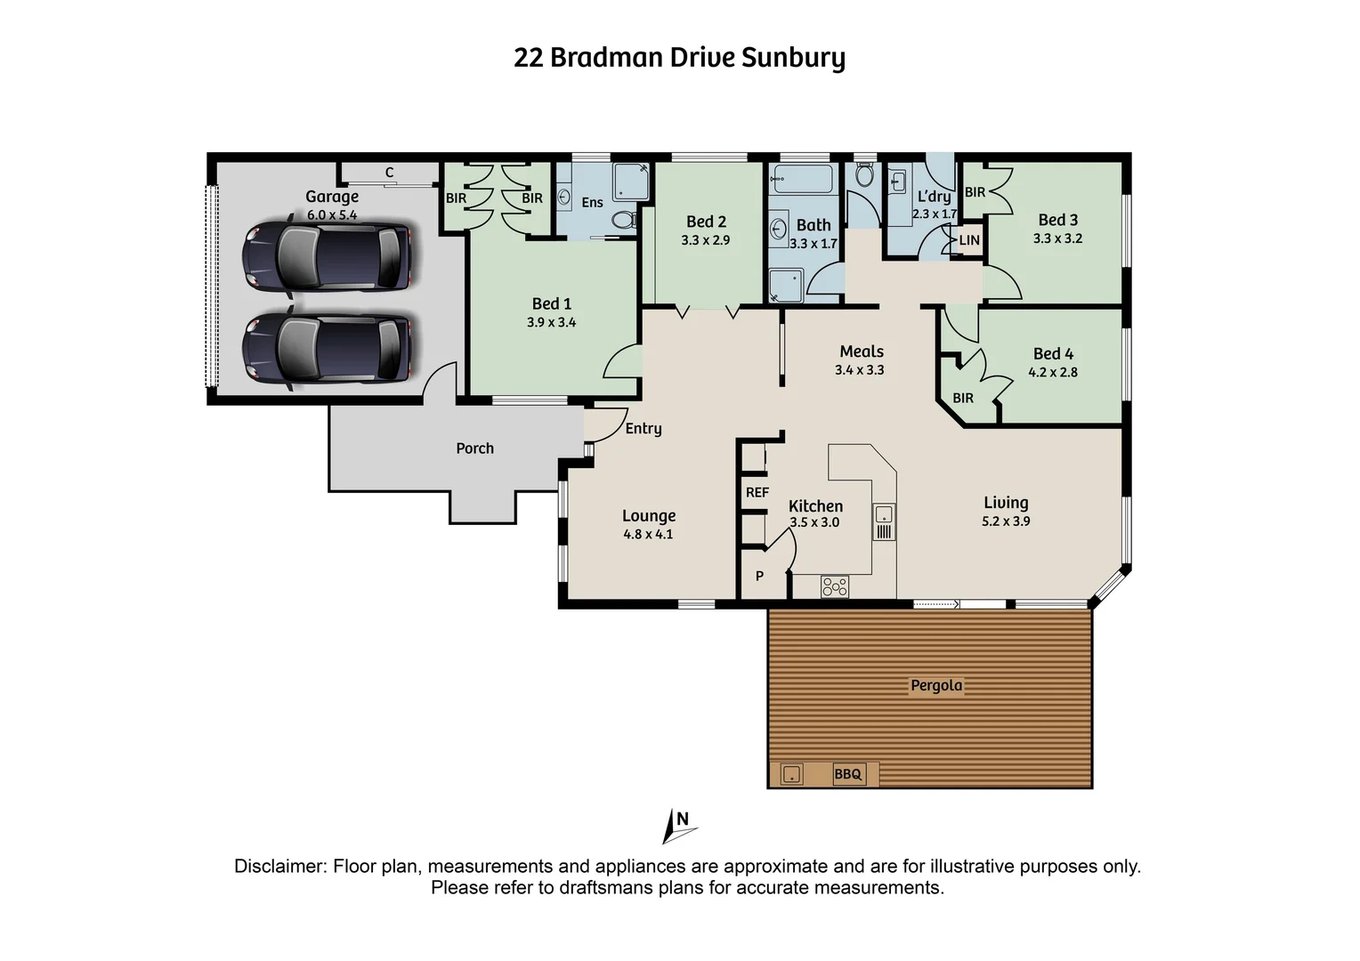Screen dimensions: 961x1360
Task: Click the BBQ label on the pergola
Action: tap(847, 774)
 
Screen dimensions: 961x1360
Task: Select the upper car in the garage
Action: tap(327, 255)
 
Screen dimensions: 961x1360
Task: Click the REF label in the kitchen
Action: tap(757, 492)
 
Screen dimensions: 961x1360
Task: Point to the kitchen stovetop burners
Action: tap(834, 586)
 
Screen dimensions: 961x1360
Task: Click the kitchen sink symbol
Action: tap(883, 513)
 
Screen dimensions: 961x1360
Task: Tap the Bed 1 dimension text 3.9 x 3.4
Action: tap(551, 323)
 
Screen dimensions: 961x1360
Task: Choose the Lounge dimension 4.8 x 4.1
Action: tap(648, 535)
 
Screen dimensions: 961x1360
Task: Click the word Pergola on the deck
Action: tap(936, 685)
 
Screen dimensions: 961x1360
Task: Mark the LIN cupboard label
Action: tap(969, 240)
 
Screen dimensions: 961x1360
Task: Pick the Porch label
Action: tap(474, 448)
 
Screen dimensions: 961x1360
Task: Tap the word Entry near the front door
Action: tap(643, 429)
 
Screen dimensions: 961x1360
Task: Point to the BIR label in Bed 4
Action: tap(963, 398)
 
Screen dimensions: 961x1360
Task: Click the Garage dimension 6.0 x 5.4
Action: tap(332, 215)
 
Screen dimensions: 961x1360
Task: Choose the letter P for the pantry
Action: tap(759, 577)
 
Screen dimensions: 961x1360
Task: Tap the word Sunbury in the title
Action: tap(793, 58)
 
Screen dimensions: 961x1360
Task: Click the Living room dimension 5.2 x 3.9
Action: tap(1006, 521)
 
